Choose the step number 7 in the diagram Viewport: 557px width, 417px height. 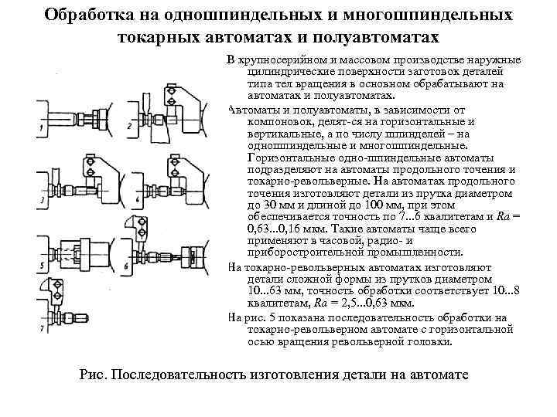tap(42, 331)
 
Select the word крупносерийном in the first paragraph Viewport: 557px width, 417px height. tap(287, 60)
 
